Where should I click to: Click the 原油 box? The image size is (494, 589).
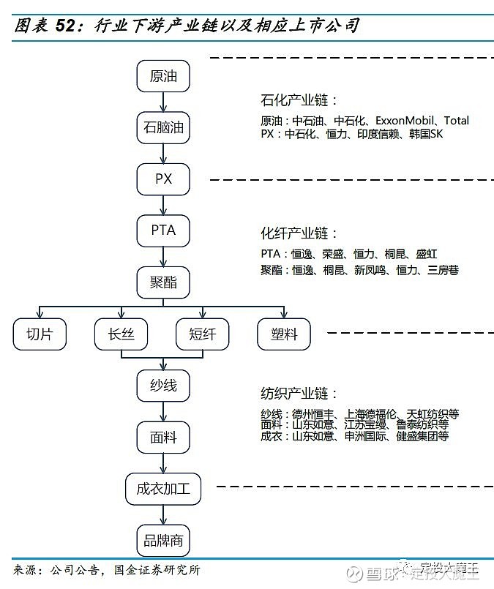(x=163, y=76)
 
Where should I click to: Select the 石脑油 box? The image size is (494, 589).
(x=163, y=127)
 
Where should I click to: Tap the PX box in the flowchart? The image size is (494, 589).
(x=163, y=179)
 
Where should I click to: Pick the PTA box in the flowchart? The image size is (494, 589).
(x=163, y=230)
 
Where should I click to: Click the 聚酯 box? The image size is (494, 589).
(x=163, y=282)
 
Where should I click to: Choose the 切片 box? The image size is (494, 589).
(x=40, y=334)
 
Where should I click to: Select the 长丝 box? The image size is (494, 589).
(x=121, y=334)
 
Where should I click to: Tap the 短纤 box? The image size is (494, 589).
(x=203, y=334)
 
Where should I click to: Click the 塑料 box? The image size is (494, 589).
(x=284, y=334)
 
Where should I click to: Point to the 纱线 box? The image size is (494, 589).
(x=163, y=386)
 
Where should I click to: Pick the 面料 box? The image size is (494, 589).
(x=163, y=438)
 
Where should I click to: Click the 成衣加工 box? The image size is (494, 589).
(x=163, y=489)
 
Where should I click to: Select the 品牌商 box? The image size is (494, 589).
(x=163, y=541)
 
